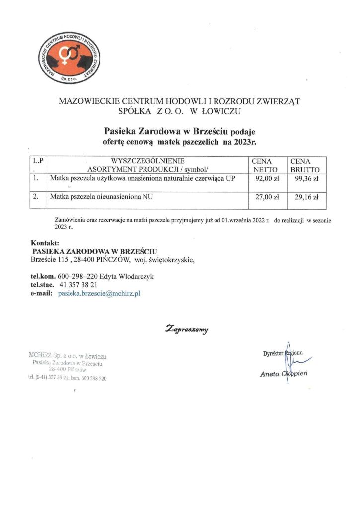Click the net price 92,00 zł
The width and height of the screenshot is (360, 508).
(x=265, y=179)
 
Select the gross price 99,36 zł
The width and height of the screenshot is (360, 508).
(x=306, y=179)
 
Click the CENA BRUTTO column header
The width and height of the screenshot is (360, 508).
(x=305, y=165)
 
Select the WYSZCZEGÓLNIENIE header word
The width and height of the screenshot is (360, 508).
(x=148, y=161)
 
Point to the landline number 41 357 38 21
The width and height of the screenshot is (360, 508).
(x=78, y=285)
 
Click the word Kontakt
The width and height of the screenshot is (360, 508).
(x=45, y=243)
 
